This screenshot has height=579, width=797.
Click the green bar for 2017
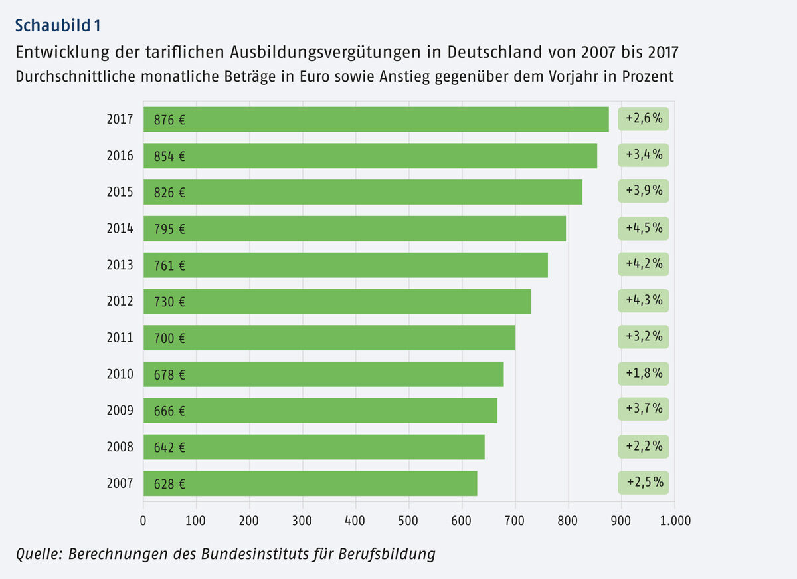point(376,120)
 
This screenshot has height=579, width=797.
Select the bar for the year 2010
point(323,374)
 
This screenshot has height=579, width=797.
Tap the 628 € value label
point(169,483)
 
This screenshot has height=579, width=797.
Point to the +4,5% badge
point(644,229)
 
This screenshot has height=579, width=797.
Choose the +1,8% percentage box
point(644,374)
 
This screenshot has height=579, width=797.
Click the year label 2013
point(120,265)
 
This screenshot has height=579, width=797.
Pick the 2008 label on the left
point(120,447)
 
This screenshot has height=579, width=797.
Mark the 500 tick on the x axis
point(408,520)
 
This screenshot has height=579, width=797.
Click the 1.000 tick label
point(674,520)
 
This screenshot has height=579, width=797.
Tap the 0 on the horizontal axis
point(143,520)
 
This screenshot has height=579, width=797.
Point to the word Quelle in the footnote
point(37,554)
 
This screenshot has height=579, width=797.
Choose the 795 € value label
point(169,229)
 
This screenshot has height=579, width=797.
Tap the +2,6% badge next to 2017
point(644,120)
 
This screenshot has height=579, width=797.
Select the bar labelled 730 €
point(337,301)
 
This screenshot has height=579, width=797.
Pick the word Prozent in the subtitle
point(648,76)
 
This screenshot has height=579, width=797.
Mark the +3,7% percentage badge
point(644,409)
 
